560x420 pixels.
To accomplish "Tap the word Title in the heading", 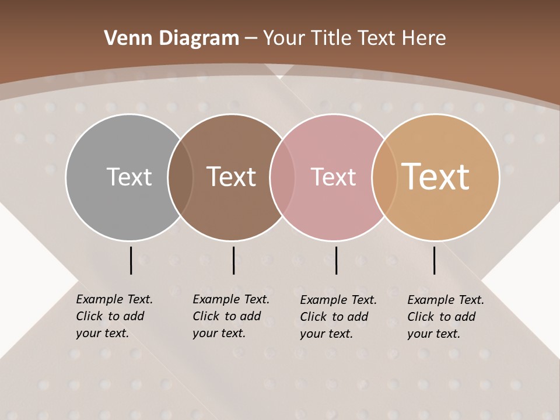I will [x=331, y=38].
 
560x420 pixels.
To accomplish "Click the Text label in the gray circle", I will [x=129, y=177].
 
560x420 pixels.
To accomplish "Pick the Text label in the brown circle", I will [x=231, y=177].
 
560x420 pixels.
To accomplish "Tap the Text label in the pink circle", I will [x=333, y=177].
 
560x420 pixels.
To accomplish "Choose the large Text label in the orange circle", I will [x=436, y=177].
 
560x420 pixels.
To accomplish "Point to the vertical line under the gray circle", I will [x=131, y=260].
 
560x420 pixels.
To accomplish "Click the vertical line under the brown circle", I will [x=233, y=260].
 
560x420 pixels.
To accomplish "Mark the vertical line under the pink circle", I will [x=336, y=260].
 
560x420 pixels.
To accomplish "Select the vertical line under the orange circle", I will [x=434, y=260].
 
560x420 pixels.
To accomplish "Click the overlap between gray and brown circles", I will [x=180, y=177].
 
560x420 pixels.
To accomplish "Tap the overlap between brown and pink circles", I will [x=282, y=177].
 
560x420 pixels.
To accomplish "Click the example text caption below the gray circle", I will [x=114, y=316].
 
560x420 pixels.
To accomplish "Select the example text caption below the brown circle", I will [x=230, y=316].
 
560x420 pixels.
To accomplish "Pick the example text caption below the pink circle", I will [x=338, y=316].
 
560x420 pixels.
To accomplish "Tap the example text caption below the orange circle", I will [x=445, y=316].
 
